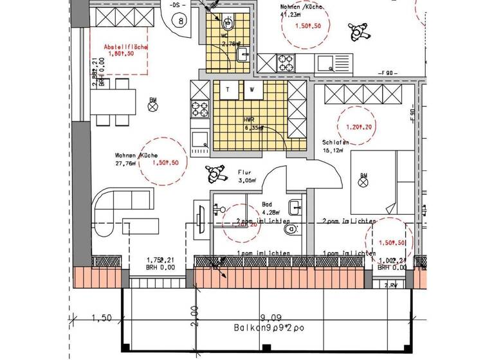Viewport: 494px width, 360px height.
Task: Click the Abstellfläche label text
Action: click(x=126, y=48)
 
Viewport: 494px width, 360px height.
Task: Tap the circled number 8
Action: click(x=181, y=21)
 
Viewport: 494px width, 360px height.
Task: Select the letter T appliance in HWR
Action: click(x=226, y=89)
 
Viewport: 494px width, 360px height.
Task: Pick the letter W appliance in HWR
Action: click(x=252, y=89)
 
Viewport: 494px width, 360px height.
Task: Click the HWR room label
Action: click(x=249, y=120)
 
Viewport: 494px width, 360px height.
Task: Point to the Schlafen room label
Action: click(x=336, y=143)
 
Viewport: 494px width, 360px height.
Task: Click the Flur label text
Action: click(x=244, y=172)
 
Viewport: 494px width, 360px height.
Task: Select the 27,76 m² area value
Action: click(x=127, y=164)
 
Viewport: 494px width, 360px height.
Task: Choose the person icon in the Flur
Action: click(x=215, y=173)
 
